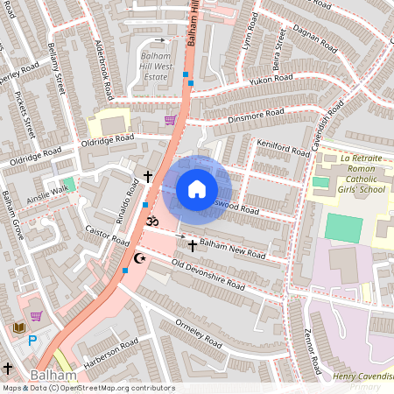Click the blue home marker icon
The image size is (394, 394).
click(197, 189)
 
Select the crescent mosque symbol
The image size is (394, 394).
click(137, 258)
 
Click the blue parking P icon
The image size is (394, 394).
click(32, 341)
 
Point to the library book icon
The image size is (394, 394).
click(18, 327)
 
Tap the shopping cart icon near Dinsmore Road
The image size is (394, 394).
click(170, 120)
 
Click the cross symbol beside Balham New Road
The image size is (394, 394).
click(193, 246)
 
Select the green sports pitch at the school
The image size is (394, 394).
click(343, 228)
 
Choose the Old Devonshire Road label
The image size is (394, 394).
click(208, 272)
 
